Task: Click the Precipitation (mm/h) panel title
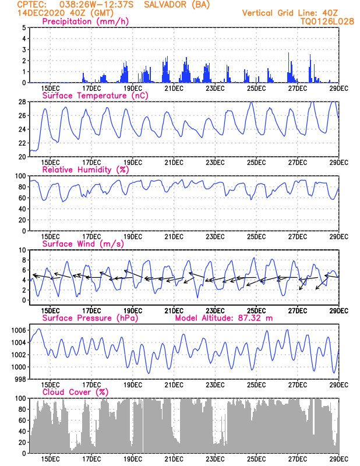click(x=85, y=22)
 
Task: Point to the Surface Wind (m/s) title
click(x=79, y=244)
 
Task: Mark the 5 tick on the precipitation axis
click(x=23, y=27)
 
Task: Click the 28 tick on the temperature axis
click(x=22, y=102)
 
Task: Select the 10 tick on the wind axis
click(x=22, y=250)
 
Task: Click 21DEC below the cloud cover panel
click(x=174, y=460)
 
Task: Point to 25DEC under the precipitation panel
click(x=256, y=89)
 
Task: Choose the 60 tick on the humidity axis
click(x=22, y=198)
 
